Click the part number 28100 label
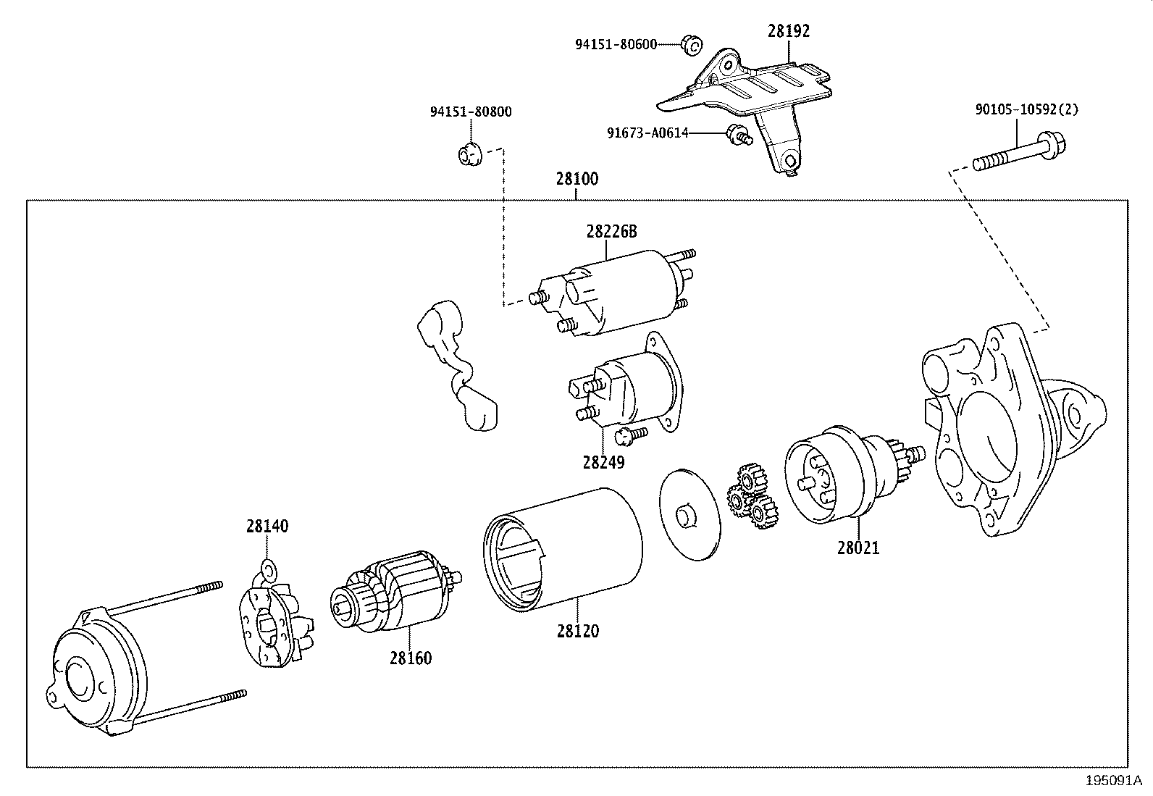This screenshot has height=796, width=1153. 577,179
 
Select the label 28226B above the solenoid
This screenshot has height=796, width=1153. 611,231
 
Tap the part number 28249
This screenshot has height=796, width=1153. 603,461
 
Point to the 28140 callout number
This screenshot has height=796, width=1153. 267,526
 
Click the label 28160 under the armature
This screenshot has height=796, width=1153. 410,658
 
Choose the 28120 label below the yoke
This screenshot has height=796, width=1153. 578,631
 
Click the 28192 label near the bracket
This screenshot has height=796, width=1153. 789,30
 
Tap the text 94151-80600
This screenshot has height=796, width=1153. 616,45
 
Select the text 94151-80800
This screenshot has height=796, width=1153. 471,112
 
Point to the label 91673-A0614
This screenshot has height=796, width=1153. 647,133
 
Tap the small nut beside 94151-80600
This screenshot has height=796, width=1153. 690,46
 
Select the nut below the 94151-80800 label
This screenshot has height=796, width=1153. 469,154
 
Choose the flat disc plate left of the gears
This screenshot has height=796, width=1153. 689,514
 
